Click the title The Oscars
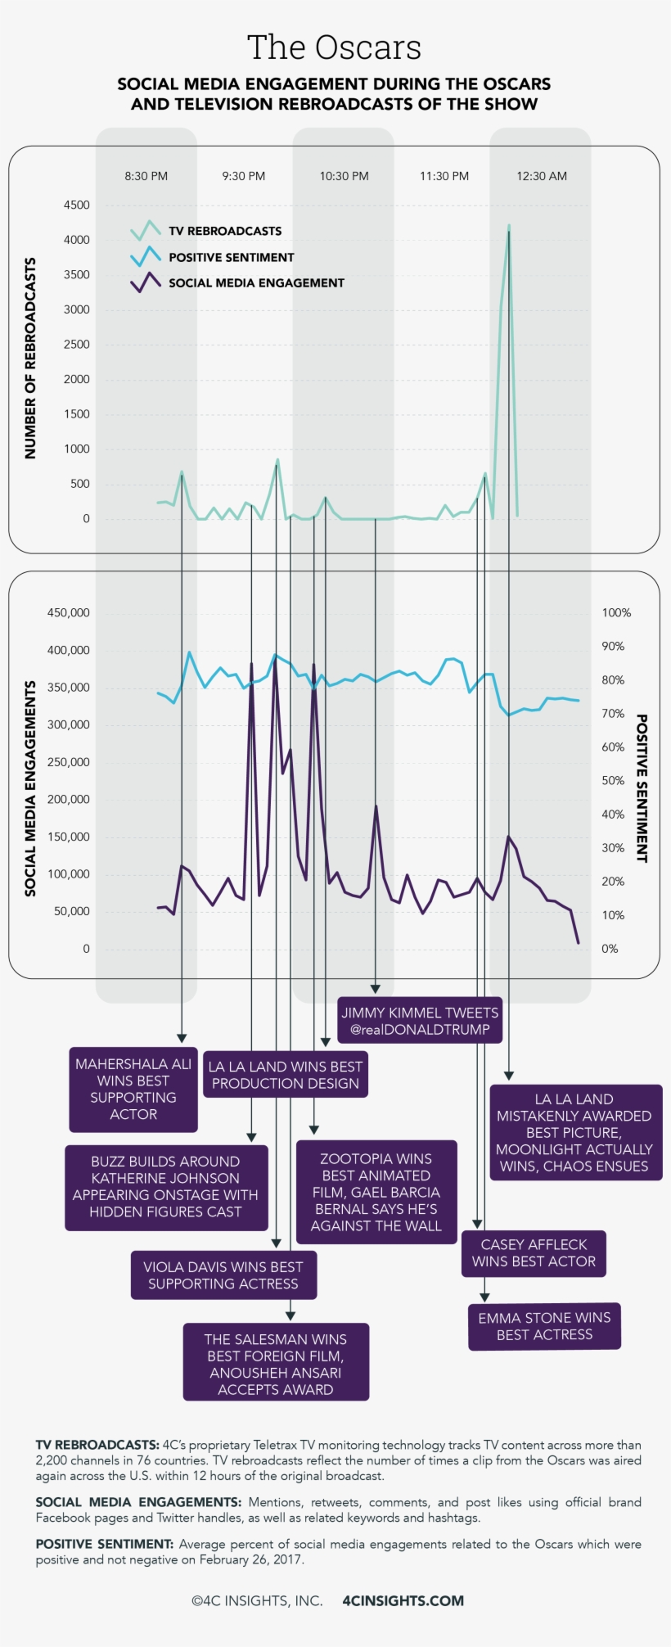pyautogui.click(x=334, y=48)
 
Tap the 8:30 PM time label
pyautogui.click(x=146, y=176)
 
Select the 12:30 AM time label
pyautogui.click(x=541, y=176)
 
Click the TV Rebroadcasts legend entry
pyautogui.click(x=224, y=231)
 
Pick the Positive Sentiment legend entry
pyautogui.click(x=231, y=257)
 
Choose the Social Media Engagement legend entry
pyautogui.click(x=255, y=282)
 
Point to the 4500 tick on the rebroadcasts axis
pyautogui.click(x=77, y=205)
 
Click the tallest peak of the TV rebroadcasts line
pyautogui.click(x=509, y=225)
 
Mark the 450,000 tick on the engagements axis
pyautogui.click(x=69, y=612)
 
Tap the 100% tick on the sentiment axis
pyautogui.click(x=616, y=612)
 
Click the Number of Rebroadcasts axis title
pyautogui.click(x=30, y=358)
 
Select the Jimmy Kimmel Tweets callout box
pyautogui.click(x=420, y=1021)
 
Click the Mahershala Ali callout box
pyautogui.click(x=133, y=1090)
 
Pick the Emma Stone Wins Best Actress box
pyautogui.click(x=544, y=1326)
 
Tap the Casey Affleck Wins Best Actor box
pyautogui.click(x=534, y=1253)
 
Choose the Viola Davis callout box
pyautogui.click(x=223, y=1275)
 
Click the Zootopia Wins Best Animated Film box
pyautogui.click(x=376, y=1192)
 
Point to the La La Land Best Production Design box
pyautogui.click(x=286, y=1075)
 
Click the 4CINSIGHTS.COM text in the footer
pyautogui.click(x=403, y=1600)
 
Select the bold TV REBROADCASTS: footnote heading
pyautogui.click(x=97, y=1445)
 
